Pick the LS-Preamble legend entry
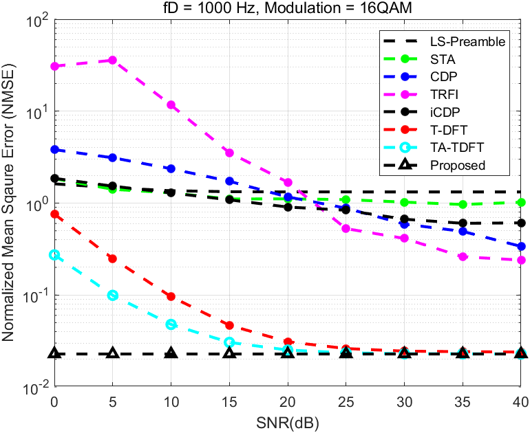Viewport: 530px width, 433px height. [467, 41]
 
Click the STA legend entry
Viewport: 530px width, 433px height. [441, 59]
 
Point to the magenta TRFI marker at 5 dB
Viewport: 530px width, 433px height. [113, 60]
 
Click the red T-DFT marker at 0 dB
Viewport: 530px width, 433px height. [54, 214]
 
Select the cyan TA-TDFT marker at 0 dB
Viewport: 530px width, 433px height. [54, 255]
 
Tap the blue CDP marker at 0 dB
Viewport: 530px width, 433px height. [54, 149]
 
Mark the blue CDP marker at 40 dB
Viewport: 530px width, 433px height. [521, 246]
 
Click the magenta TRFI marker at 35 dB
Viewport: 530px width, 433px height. [463, 256]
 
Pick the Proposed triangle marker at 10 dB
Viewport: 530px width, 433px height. [171, 353]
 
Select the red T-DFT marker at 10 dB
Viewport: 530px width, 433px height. [171, 296]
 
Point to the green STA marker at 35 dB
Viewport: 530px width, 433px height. [463, 205]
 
